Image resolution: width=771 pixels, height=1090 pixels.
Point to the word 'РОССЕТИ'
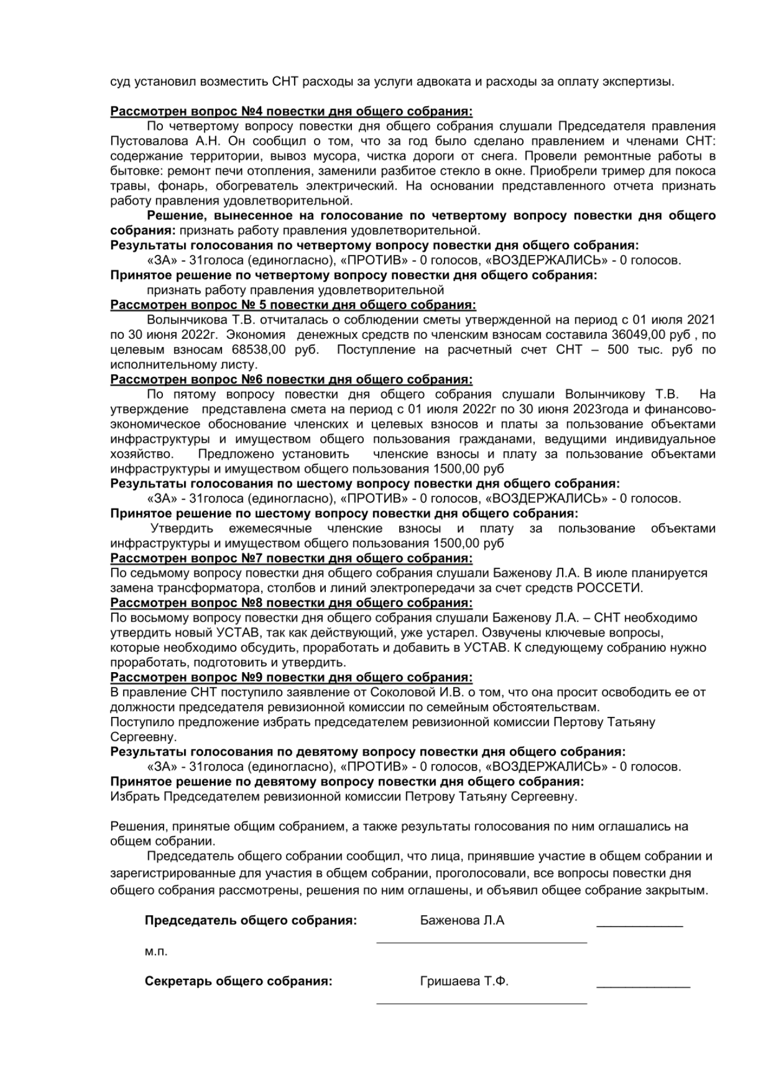610,588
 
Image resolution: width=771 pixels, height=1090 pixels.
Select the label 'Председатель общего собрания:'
250,921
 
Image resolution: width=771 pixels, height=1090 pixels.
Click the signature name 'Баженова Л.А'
462,921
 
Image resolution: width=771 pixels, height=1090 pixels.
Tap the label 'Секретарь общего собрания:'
238,982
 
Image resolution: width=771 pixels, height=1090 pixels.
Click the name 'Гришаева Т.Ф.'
464,982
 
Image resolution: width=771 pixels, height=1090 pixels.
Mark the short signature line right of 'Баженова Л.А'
639,927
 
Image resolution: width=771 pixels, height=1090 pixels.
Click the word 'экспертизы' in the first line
643,81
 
